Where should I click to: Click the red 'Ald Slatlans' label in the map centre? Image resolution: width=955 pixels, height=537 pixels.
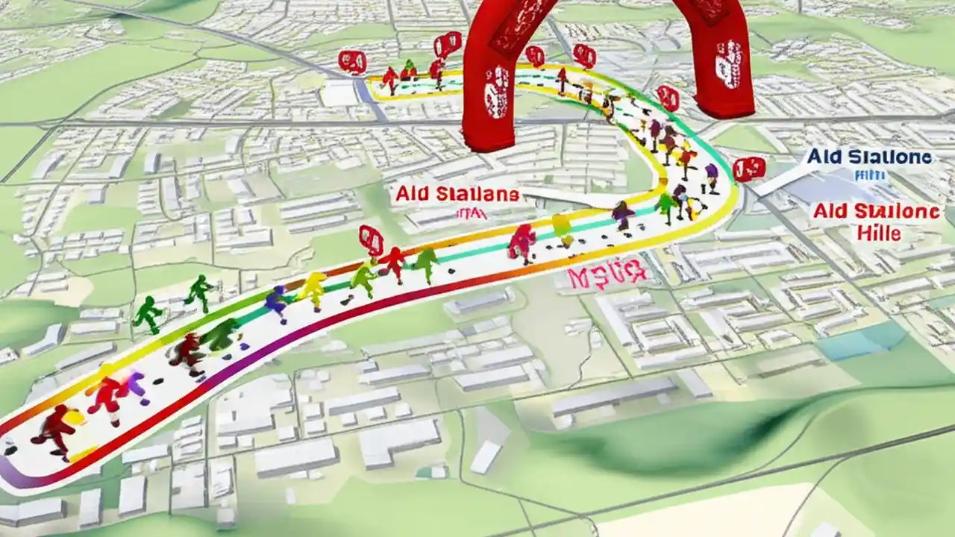[456, 195]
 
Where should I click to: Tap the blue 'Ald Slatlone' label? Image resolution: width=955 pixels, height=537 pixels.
[868, 157]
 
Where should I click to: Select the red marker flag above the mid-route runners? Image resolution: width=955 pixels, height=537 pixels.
[371, 240]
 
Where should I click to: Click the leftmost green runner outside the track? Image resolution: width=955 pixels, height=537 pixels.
[147, 313]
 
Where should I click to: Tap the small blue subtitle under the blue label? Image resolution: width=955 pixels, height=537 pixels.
[869, 176]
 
